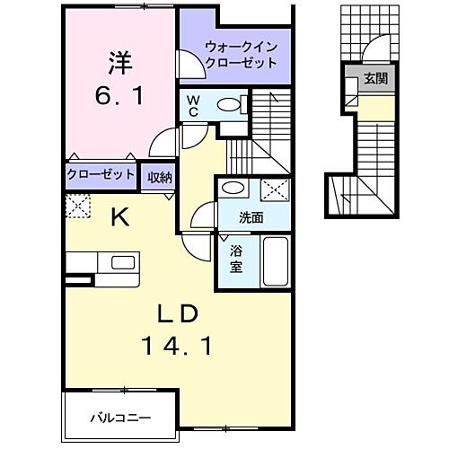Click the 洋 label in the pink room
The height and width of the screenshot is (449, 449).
[x=120, y=63]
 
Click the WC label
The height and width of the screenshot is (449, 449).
[x=193, y=106]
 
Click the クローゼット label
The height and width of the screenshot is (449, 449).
[x=101, y=175]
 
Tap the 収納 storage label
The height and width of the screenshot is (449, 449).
[x=161, y=175]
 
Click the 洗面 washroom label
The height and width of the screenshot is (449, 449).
[x=251, y=216]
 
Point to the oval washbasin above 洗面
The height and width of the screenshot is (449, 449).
[x=235, y=189]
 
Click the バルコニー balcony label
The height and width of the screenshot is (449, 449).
[x=120, y=418]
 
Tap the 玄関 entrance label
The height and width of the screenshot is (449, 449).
[x=375, y=79]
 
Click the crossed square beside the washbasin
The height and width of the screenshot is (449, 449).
[x=276, y=189]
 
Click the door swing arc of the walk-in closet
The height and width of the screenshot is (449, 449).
[x=189, y=67]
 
